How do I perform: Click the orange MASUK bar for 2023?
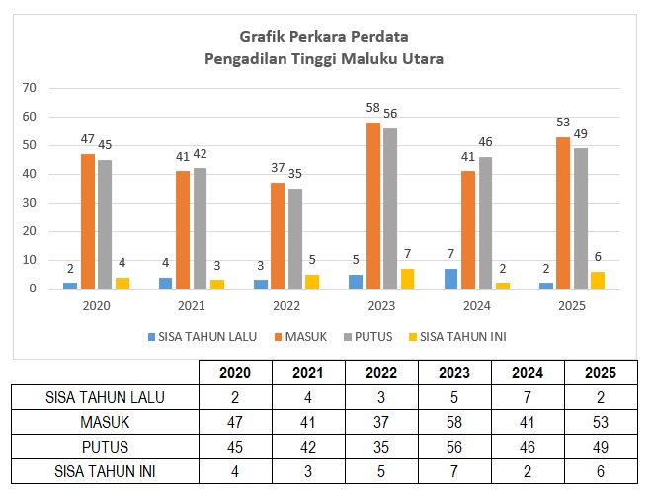tap(373, 206)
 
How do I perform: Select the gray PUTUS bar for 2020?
tap(104, 224)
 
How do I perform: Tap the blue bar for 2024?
tap(450, 279)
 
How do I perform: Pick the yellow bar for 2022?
tap(313, 282)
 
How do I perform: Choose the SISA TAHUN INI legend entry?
tap(455, 337)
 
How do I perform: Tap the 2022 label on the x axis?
tap(287, 306)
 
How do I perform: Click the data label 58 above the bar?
tap(372, 106)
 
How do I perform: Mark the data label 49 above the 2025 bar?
tap(581, 133)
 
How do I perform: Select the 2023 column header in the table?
tap(454, 373)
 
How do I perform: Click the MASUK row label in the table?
tap(106, 423)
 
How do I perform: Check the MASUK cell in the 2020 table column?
tap(234, 423)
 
